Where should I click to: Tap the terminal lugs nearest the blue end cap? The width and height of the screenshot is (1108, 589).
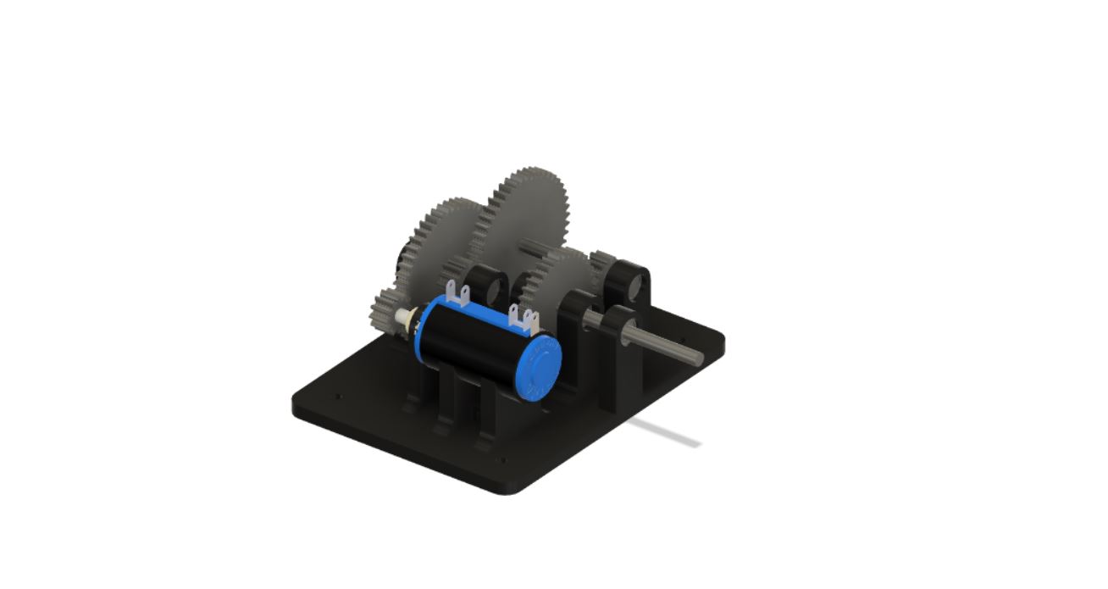point(524,319)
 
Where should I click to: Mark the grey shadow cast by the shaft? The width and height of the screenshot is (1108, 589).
point(669,432)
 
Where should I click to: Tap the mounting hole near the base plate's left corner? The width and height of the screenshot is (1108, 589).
point(339,395)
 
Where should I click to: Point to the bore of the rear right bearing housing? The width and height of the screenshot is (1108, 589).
point(637,288)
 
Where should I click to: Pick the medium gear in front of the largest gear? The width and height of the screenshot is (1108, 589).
point(555,280)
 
